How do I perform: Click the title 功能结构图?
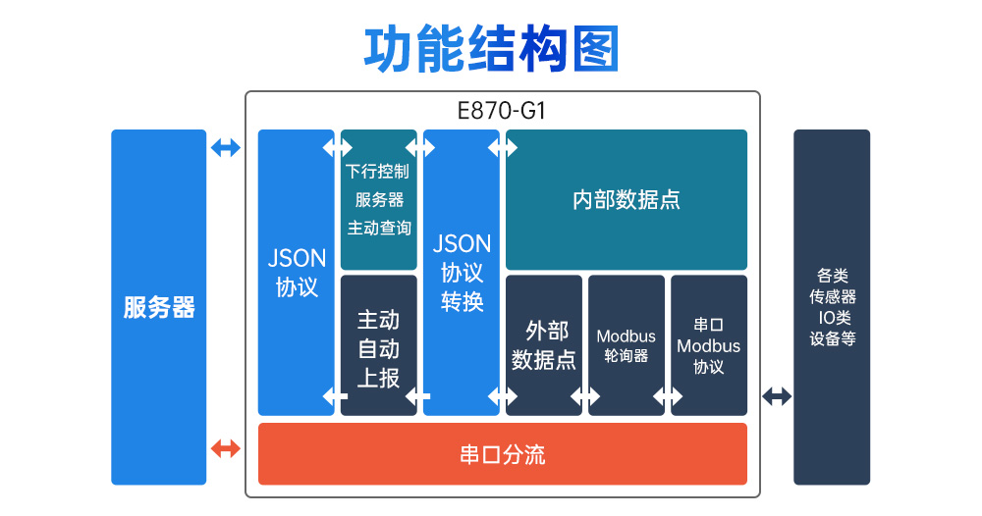point(491,48)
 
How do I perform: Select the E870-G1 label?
point(502,111)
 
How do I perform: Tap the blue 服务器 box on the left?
point(158,307)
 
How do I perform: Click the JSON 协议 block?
point(296,272)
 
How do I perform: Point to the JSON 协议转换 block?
point(462,272)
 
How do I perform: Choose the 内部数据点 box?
point(626,199)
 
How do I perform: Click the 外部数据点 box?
point(544,344)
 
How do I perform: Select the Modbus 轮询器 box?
point(626,344)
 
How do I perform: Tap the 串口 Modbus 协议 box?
point(708,344)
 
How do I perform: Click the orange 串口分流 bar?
point(502,454)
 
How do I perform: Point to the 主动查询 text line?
point(378,228)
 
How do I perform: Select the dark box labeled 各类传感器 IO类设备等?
point(832,307)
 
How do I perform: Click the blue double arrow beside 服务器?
point(226,148)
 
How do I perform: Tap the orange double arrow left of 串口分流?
point(226,449)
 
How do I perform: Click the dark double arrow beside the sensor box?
point(777,396)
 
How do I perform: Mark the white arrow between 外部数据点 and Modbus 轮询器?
point(585,396)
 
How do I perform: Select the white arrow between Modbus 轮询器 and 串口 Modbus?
point(668,396)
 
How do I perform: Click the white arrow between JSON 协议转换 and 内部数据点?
point(503,148)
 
